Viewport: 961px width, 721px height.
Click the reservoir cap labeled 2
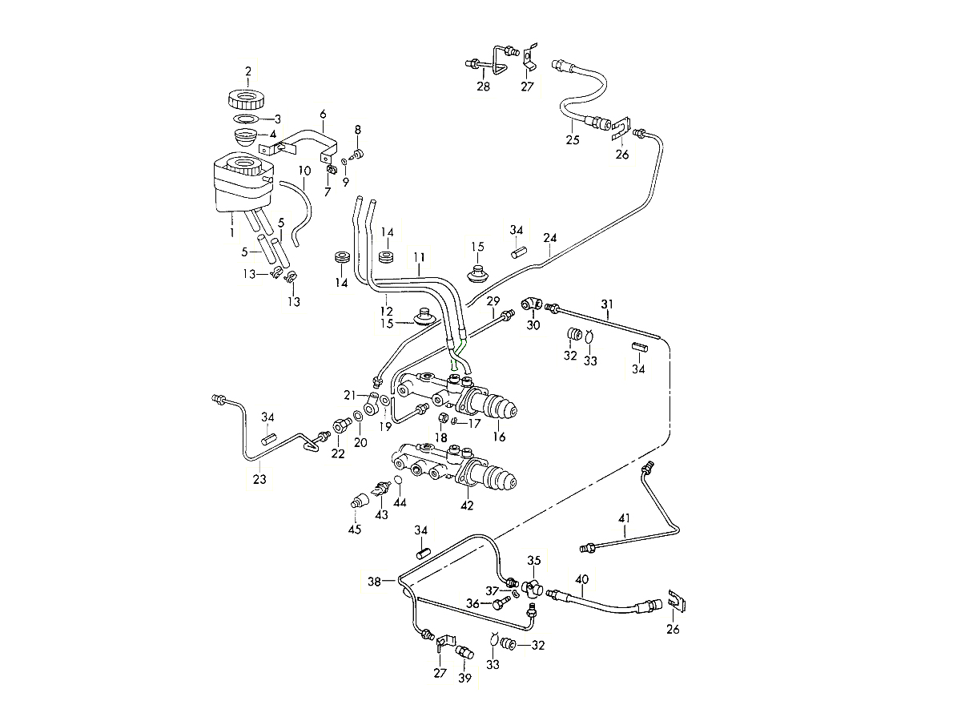[x=247, y=101]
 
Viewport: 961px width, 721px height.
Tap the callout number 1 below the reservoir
[x=231, y=232]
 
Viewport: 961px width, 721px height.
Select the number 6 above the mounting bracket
[x=324, y=114]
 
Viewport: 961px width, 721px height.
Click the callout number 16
[x=501, y=437]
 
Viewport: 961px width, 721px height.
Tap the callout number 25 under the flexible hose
[x=572, y=139]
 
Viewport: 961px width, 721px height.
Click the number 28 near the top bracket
[x=483, y=86]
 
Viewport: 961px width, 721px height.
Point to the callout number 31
[x=607, y=304]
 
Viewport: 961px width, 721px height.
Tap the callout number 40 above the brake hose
[x=582, y=579]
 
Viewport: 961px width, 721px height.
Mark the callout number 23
[x=259, y=480]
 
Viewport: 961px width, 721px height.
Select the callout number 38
[x=373, y=582]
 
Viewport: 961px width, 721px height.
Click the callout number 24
[x=549, y=238]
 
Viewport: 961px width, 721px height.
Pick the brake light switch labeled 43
[x=382, y=489]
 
